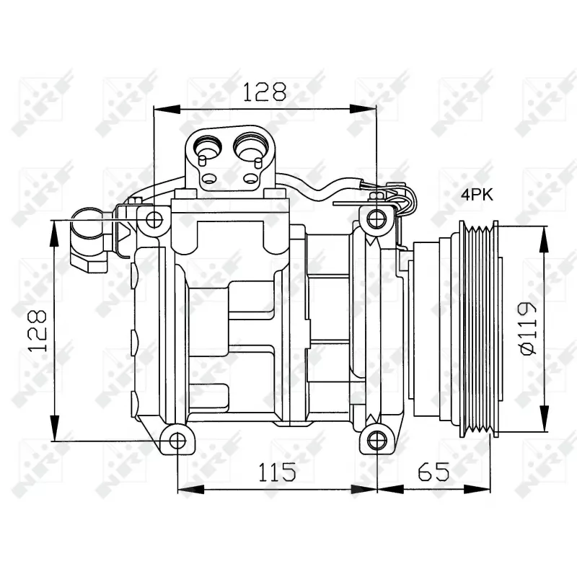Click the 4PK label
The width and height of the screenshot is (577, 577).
point(477,195)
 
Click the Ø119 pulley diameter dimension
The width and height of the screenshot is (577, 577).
point(529,328)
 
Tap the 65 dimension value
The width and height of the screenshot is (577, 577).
point(433,472)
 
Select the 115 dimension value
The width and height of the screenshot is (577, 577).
point(277,472)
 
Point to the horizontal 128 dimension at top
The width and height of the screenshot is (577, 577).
point(265,92)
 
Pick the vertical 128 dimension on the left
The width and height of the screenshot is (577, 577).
point(38,331)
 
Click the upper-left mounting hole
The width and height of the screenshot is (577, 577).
point(154,220)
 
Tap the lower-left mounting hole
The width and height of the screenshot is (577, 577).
point(177,441)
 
